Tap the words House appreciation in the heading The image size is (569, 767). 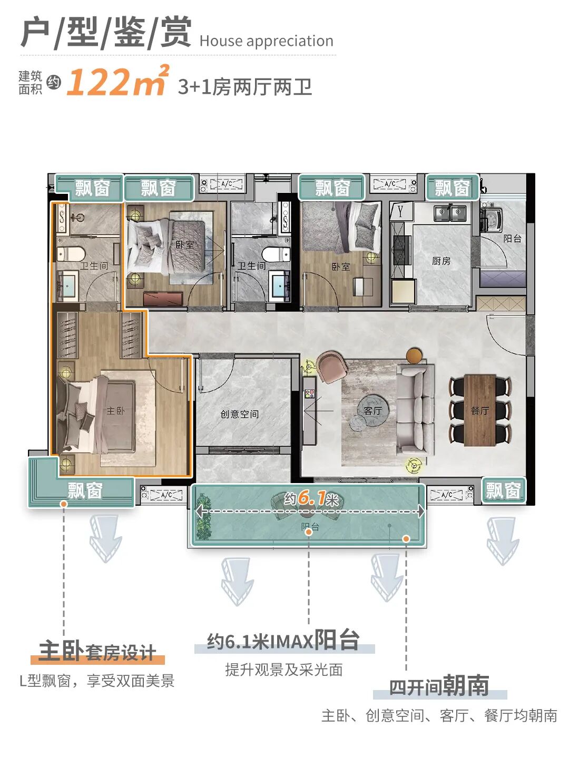point(266,41)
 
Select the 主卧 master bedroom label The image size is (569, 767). point(115,410)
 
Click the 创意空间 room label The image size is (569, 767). point(240,414)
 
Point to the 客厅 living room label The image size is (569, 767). point(372,410)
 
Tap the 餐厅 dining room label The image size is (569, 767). point(479,410)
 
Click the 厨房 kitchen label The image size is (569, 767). point(441,261)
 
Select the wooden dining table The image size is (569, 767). point(480,410)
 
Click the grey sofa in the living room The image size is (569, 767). point(416,409)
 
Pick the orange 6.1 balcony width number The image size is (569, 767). point(311,498)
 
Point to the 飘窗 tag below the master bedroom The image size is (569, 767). point(85,491)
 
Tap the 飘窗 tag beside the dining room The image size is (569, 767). point(503,491)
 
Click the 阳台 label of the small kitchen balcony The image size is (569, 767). point(512,239)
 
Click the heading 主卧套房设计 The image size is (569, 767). point(97,652)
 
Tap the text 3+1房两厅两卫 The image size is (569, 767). point(245,87)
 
